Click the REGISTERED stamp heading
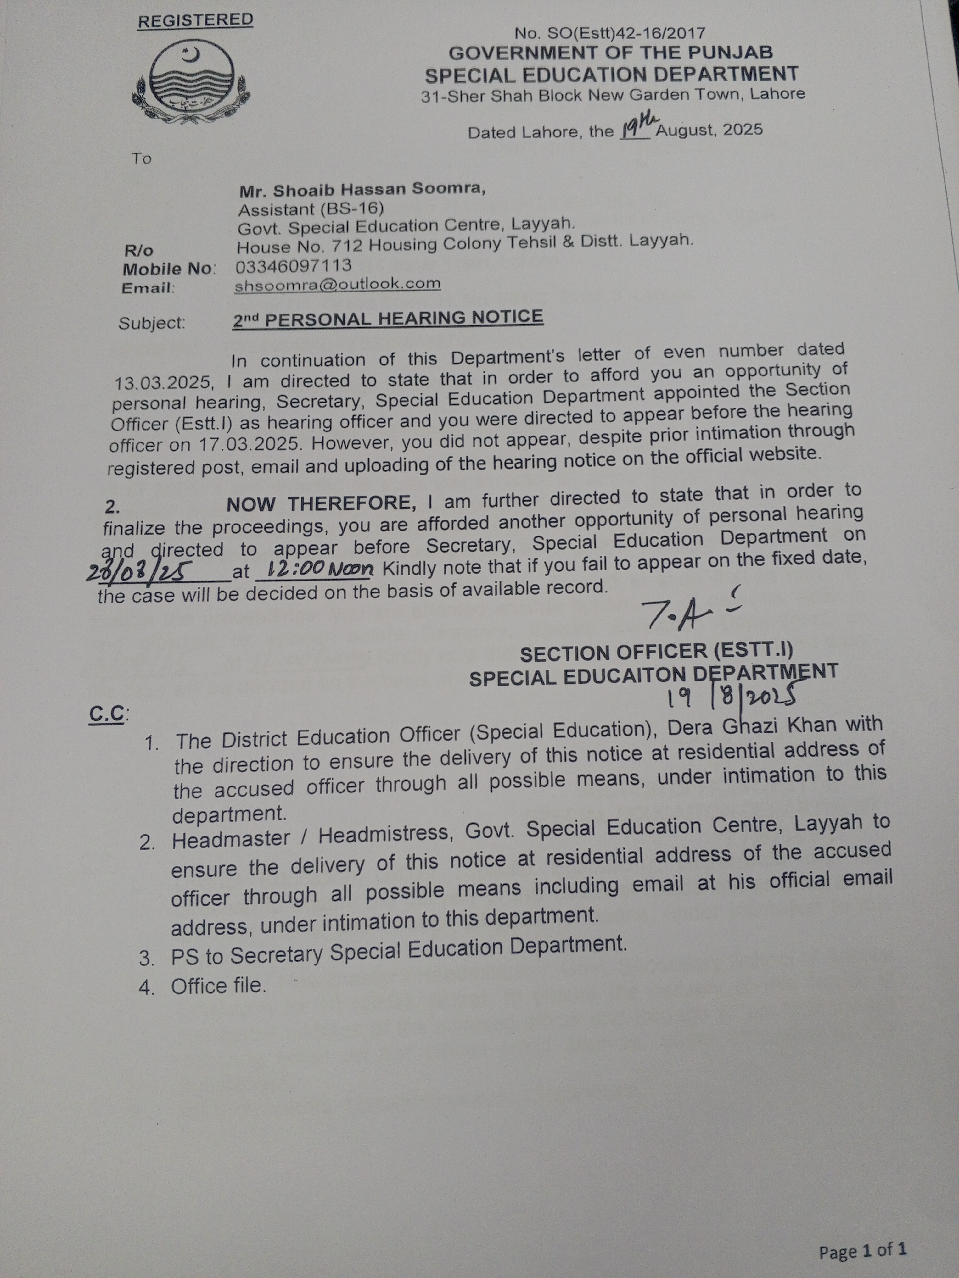click(x=195, y=20)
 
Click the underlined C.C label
click(x=107, y=715)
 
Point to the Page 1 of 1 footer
click(x=862, y=1251)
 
